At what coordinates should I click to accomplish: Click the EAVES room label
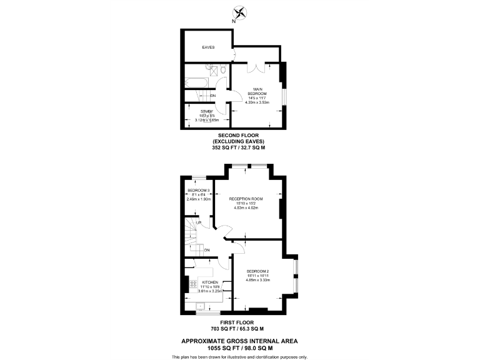(x=208, y=47)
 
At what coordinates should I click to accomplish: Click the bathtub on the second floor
(x=197, y=82)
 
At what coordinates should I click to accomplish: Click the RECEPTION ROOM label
(x=246, y=199)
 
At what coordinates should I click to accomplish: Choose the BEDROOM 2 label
(x=258, y=271)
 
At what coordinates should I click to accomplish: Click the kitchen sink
(x=201, y=306)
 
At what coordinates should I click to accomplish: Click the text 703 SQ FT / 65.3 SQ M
(x=237, y=329)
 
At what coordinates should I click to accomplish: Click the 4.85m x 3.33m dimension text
(x=258, y=280)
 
